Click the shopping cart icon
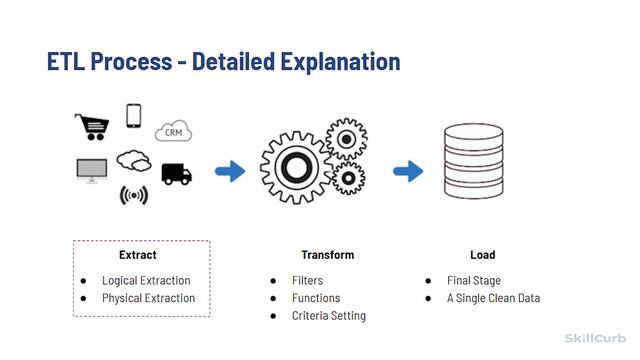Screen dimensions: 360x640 point(90,127)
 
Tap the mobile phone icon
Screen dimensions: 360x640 point(134,116)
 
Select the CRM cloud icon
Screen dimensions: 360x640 point(173,131)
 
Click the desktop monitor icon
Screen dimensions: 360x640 point(92,171)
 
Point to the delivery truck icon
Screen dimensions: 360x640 point(176,174)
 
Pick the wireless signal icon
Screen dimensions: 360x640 point(133,195)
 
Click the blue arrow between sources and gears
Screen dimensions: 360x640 point(231,171)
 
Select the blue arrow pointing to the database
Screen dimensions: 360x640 point(407,171)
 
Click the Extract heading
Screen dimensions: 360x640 point(137,255)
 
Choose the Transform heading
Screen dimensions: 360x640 point(327,255)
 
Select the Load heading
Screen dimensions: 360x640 point(482,255)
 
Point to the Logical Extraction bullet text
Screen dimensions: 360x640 point(146,281)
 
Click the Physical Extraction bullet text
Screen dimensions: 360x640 point(148,298)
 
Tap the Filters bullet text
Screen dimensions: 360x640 point(307,281)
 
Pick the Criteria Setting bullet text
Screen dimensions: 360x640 point(328,316)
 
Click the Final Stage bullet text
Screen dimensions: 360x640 point(473,281)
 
